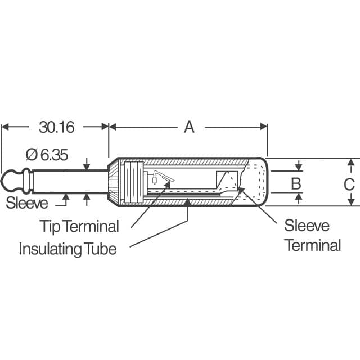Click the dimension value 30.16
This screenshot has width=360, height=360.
coord(56,127)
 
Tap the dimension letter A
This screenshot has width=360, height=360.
coord(189,127)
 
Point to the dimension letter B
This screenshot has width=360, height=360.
coord(296,183)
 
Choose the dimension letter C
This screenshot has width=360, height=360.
coord(349,184)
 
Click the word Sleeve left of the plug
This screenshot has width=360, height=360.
coord(27,202)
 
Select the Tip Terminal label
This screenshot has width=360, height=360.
coord(79,227)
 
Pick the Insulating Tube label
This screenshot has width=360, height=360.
coord(67,248)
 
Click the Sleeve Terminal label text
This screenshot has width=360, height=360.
coord(312,236)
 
